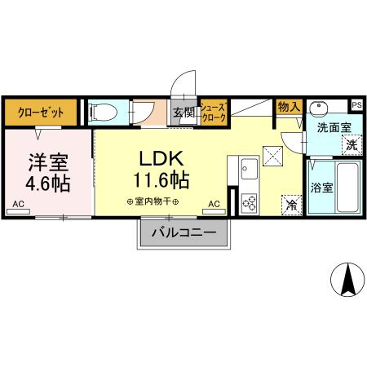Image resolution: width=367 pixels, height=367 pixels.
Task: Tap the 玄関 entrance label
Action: pos(183,112)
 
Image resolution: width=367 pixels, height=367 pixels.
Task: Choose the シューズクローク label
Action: pos(213,112)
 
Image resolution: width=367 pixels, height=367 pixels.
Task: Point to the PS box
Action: pos(356,104)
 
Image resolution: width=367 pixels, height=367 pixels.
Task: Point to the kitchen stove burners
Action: pos(249,200)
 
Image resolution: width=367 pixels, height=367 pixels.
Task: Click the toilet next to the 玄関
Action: pos(105,112)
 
